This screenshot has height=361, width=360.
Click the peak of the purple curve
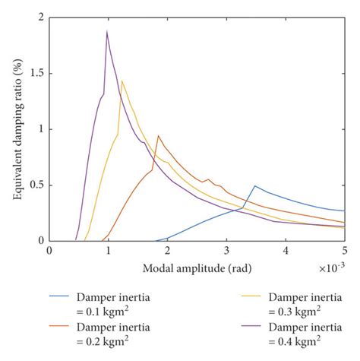[x=107, y=31]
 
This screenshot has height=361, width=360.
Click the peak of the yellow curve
[x=122, y=81]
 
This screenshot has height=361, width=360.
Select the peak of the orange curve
[x=158, y=136]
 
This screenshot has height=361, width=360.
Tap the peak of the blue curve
[x=255, y=185]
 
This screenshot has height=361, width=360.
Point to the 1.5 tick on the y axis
[x=36, y=73]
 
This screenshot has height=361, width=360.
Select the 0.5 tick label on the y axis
[x=36, y=185]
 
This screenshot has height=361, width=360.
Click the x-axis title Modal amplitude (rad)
[x=197, y=268]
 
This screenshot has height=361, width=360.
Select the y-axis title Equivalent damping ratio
[x=16, y=128]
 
